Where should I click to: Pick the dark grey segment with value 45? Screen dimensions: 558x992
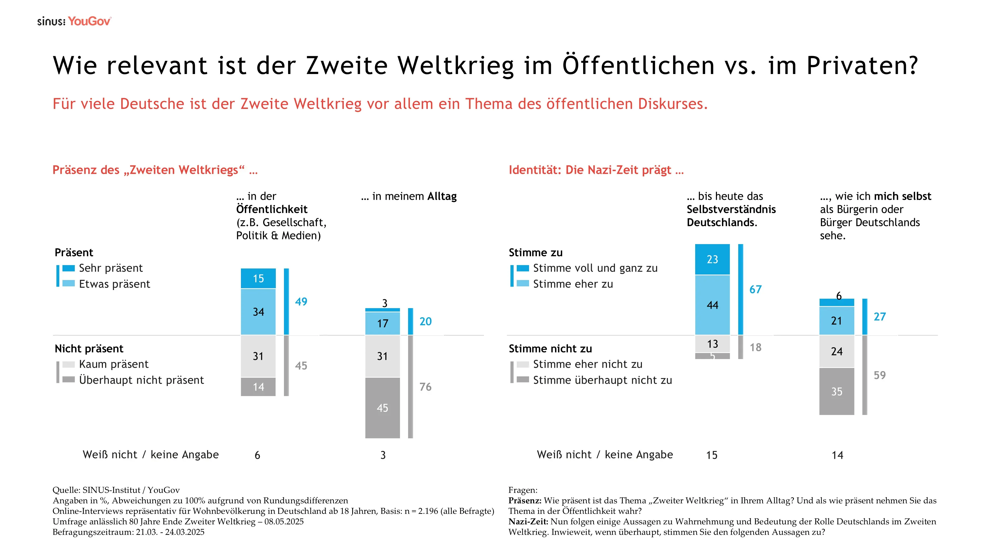click(382, 408)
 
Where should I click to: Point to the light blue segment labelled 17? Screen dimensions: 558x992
click(382, 323)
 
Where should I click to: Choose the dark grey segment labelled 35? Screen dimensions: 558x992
click(836, 391)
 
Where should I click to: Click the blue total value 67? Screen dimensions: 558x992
click(755, 289)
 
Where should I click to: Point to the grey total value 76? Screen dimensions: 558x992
click(425, 387)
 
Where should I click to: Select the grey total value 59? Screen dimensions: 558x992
click(880, 375)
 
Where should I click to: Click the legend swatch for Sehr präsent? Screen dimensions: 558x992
click(68, 268)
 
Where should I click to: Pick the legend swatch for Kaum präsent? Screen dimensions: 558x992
click(68, 364)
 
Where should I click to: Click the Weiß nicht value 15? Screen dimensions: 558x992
click(712, 455)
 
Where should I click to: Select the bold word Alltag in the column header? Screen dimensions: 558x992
click(442, 196)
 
